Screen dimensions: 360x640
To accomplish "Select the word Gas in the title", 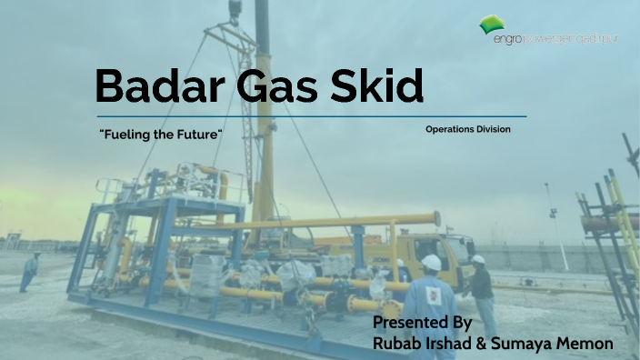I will coord(262,86).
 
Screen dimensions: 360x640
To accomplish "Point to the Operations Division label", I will coord(467,130).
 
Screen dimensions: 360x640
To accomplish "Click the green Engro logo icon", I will coord(495,25).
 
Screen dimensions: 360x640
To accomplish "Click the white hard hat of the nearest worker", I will coord(432,263).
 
